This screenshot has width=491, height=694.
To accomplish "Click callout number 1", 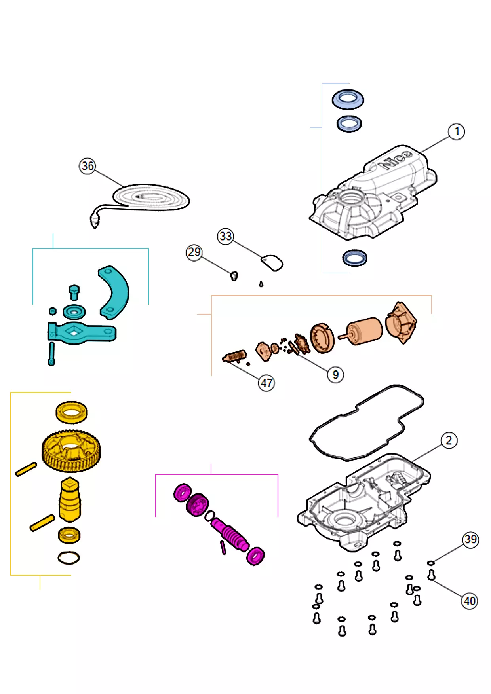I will tap(457, 131).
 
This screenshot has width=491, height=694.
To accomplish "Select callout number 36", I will tap(88, 166).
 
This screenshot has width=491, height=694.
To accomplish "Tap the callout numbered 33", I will tap(225, 236).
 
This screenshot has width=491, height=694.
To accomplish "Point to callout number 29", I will tap(194, 252).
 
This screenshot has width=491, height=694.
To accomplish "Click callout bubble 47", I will tap(266, 383).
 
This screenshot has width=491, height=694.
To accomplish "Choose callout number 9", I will tap(335, 374).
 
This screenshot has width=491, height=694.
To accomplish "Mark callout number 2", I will tap(449, 440).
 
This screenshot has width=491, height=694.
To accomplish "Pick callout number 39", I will tap(470, 539).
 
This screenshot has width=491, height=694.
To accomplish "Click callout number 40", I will tap(470, 601).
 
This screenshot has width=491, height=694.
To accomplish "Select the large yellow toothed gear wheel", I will tap(71, 451).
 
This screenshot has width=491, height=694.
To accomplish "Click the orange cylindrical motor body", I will tap(365, 331).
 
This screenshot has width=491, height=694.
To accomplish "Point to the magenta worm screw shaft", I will tap(230, 534).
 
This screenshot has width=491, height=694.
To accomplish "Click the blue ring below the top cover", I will tap(354, 258).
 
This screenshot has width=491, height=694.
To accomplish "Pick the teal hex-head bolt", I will tap(74, 292).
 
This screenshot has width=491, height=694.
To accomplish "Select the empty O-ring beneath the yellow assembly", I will tap(69, 558).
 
